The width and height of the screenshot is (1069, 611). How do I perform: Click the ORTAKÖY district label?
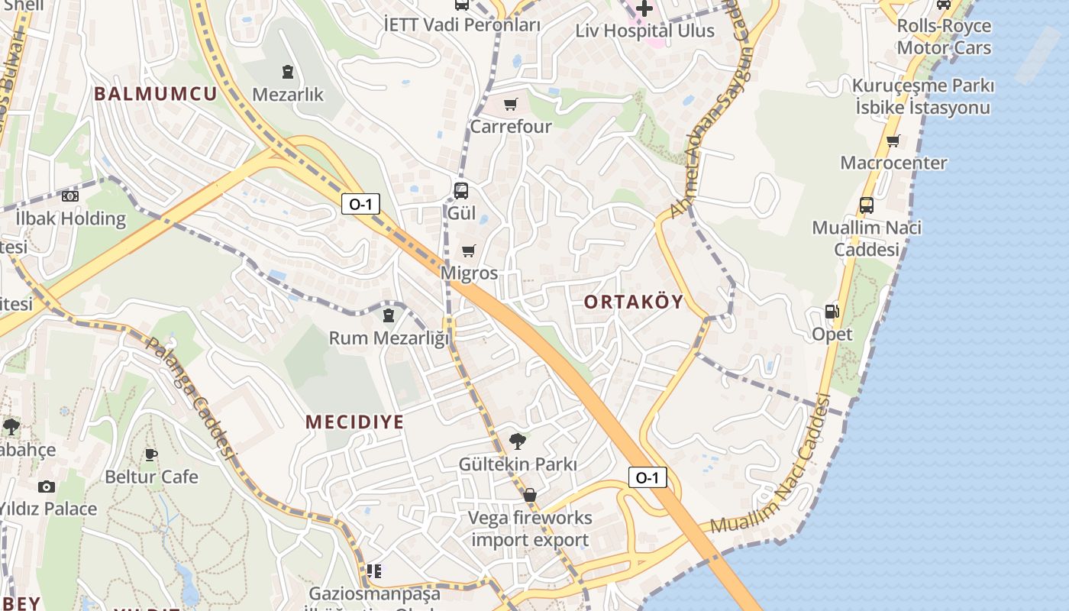633,302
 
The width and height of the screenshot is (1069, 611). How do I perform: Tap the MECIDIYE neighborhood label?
354,422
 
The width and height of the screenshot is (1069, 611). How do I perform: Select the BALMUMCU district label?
155,94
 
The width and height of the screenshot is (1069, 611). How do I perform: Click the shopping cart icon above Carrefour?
510,104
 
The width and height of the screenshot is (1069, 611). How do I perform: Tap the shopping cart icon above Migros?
469,251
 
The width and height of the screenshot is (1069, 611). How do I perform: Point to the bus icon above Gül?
460,190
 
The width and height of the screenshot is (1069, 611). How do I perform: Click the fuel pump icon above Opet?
832,312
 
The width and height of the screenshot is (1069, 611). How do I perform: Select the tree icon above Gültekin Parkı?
517,441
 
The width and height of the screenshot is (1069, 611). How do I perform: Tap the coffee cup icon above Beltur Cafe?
151,454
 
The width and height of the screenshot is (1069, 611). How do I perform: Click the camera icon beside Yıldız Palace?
47,487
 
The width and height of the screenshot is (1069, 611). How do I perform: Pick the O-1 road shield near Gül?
360,204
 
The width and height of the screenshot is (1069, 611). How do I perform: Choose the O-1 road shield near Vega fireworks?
647,478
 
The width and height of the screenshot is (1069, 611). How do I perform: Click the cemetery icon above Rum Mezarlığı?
389,315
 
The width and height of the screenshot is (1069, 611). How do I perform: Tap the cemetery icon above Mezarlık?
287,73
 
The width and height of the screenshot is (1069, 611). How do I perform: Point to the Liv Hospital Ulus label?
644,31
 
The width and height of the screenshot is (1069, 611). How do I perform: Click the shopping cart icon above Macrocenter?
893,141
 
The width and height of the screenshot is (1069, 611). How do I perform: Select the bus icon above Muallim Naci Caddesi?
866,205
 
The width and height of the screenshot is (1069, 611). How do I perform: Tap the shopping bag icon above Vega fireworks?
530,495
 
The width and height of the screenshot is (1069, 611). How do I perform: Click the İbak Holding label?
70,218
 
